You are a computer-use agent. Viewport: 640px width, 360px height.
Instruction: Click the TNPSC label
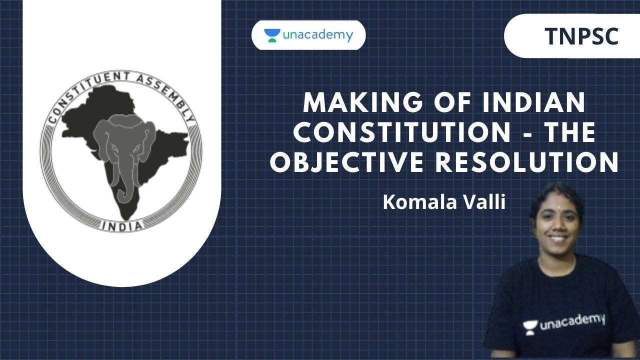point(581,36)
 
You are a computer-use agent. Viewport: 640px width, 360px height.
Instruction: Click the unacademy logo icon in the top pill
point(272,35)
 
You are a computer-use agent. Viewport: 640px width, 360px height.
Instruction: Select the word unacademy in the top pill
point(318,35)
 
